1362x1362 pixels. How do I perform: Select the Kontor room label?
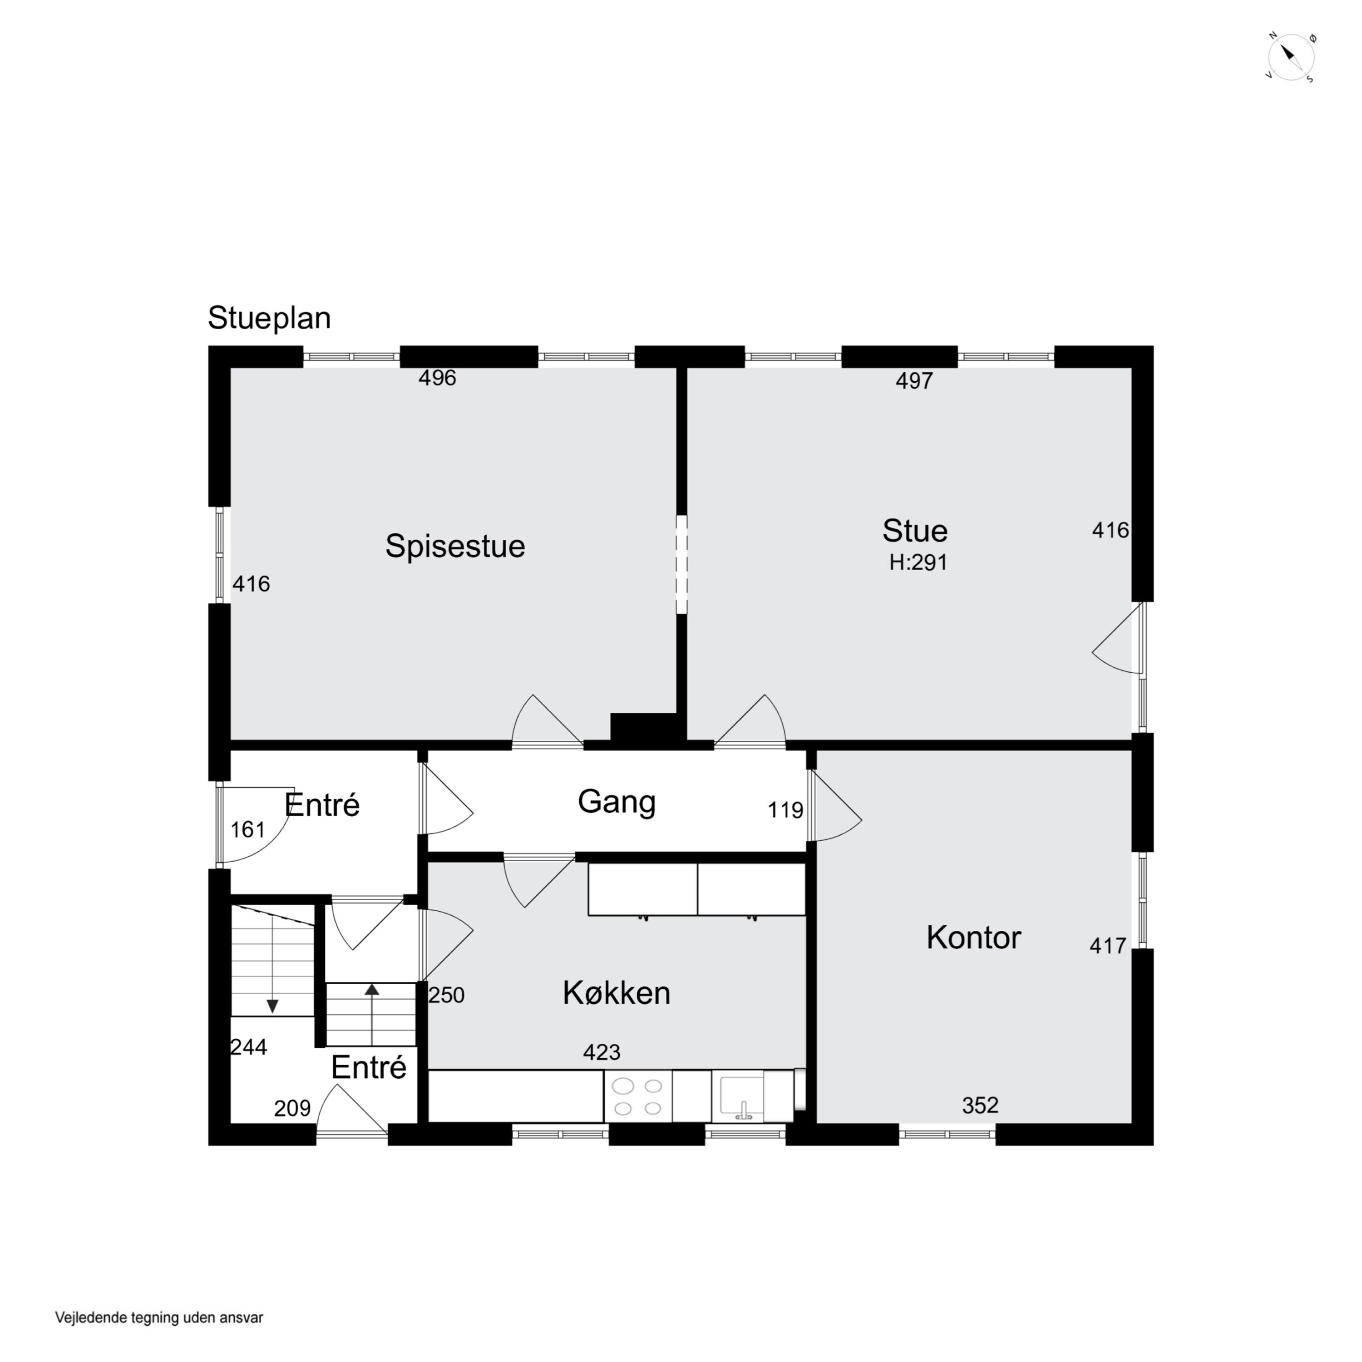(x=973, y=938)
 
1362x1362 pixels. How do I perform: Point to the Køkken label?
(x=616, y=993)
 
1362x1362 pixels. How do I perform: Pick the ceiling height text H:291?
(x=918, y=563)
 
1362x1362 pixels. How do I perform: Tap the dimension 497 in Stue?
(x=914, y=381)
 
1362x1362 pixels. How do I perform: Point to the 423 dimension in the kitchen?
(x=602, y=1052)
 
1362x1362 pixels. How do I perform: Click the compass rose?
(x=1291, y=58)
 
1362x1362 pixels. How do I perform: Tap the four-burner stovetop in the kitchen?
(x=638, y=1097)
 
